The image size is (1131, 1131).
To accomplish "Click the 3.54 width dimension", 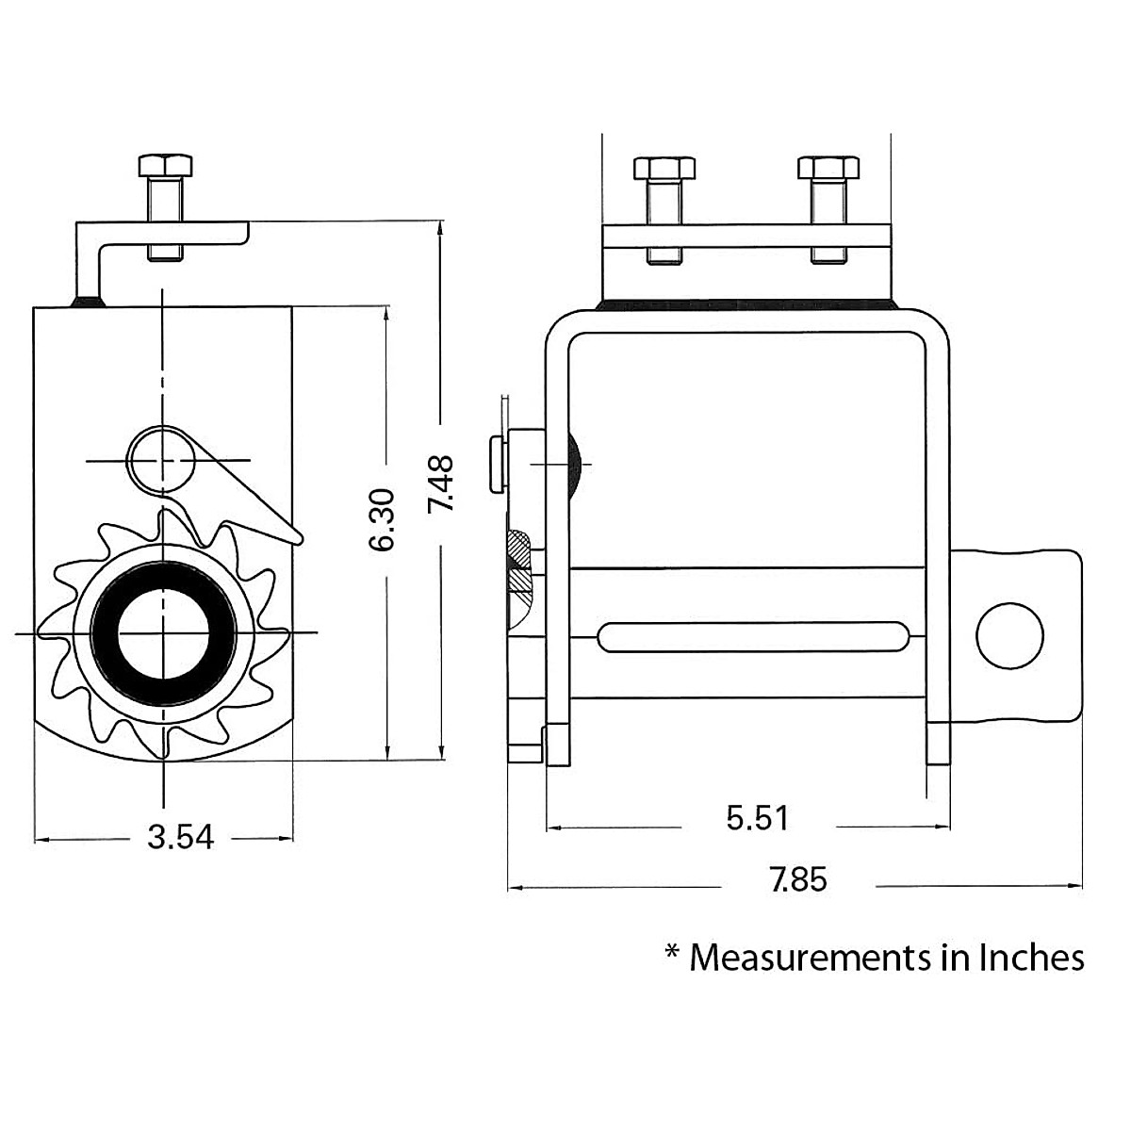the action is point(180,837).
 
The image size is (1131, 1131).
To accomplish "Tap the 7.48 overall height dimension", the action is point(440,484).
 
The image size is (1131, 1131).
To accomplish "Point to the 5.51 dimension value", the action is point(757,817).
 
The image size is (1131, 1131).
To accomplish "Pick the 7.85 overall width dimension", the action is point(799,878).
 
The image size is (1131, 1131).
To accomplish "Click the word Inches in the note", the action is point(1031,958).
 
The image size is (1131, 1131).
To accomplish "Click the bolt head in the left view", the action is point(165,166).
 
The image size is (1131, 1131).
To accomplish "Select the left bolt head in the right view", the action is point(664,168).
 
